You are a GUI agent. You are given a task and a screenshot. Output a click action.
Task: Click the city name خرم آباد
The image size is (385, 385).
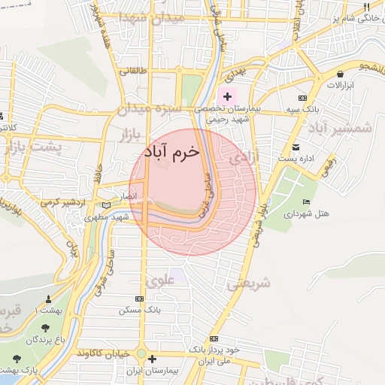(172, 151)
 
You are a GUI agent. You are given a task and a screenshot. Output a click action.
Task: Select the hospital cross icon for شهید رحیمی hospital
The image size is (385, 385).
(227, 96)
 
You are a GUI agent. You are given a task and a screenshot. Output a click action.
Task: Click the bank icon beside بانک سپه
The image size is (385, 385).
(302, 98)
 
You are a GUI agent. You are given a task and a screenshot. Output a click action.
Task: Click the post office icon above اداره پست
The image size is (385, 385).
(296, 147)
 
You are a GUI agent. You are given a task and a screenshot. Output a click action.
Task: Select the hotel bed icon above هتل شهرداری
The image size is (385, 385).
(305, 202)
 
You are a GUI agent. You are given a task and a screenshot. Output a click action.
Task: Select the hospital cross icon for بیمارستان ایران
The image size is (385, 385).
(153, 359)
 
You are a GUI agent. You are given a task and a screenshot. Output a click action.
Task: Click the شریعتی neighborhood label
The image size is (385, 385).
(249, 283)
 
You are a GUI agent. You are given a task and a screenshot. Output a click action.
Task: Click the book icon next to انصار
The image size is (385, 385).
(106, 205)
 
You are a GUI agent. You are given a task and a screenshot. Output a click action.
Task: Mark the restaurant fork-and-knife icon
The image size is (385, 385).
(366, 7)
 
